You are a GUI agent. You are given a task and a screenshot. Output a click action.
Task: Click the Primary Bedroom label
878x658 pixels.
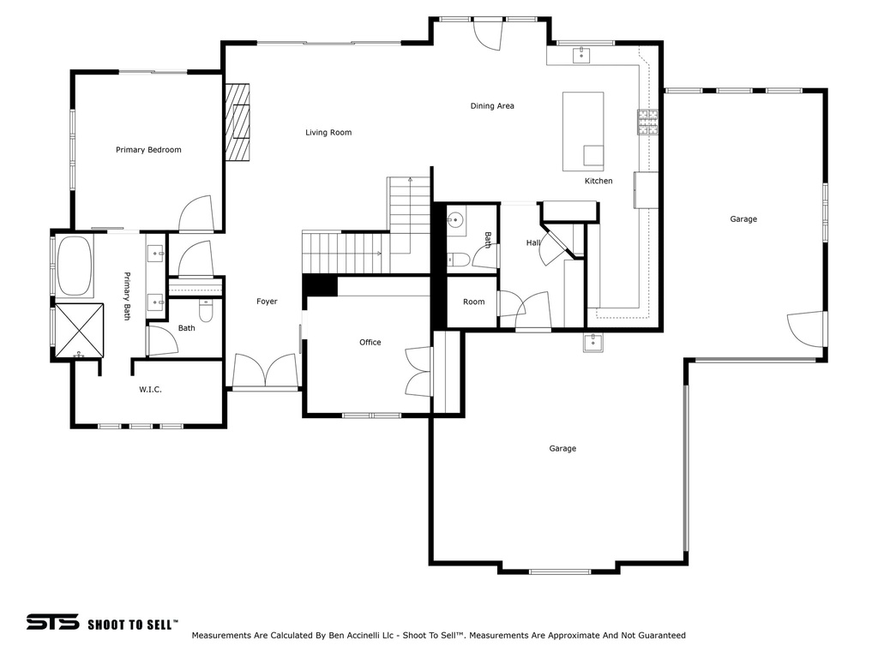coord(148,150)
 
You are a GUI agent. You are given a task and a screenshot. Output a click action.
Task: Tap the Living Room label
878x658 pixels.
coord(328,133)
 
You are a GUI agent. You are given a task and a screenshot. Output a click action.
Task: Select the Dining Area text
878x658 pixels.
coord(492,106)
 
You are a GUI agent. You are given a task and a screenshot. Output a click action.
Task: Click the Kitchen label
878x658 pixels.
coord(598,181)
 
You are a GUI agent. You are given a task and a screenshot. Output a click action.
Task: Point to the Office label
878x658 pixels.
coord(370,343)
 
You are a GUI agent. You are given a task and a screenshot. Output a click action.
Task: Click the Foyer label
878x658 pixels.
coord(267,302)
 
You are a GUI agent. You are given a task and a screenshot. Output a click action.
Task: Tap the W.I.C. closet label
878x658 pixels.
coord(150,390)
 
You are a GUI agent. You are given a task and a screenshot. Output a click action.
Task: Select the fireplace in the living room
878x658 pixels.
coord(238,122)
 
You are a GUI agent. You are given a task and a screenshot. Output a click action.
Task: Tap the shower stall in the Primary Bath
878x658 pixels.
coord(79,327)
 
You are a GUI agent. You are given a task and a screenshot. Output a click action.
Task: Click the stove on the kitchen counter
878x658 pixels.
coord(647,123)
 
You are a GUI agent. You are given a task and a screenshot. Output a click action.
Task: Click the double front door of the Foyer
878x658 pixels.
coord(266,374)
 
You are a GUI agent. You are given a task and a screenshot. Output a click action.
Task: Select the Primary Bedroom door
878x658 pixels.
coord(195,214)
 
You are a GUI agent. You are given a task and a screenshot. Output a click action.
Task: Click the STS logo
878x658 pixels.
coord(52,623)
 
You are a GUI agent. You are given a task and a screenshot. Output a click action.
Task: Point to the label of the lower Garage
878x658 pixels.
coord(562,449)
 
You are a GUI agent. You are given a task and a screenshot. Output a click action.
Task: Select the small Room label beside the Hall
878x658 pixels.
coord(473,302)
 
